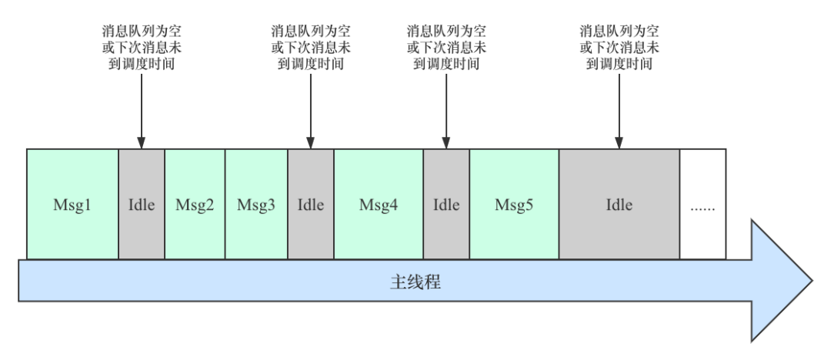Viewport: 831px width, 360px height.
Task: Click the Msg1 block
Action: click(72, 205)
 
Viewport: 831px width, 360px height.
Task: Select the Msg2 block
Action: click(195, 205)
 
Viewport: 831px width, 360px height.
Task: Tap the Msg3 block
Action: click(256, 205)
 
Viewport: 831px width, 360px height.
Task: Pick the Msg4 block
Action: click(379, 205)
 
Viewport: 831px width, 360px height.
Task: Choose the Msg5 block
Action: click(514, 205)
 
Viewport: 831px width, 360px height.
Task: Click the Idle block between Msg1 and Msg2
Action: click(142, 205)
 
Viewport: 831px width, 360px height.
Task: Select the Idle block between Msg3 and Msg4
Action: click(311, 205)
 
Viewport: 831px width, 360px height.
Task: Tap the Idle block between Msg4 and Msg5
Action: click(446, 205)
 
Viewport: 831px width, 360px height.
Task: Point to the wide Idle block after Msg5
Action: click(619, 205)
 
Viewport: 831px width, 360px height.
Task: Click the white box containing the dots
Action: click(703, 205)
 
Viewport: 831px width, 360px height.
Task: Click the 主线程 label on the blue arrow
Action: click(415, 282)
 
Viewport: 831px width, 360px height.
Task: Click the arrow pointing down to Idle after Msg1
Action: click(142, 108)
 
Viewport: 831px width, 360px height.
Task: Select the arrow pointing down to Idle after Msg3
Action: click(311, 108)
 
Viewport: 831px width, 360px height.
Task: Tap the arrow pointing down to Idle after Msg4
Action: click(446, 108)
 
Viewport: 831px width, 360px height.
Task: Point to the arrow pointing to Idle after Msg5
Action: click(619, 108)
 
